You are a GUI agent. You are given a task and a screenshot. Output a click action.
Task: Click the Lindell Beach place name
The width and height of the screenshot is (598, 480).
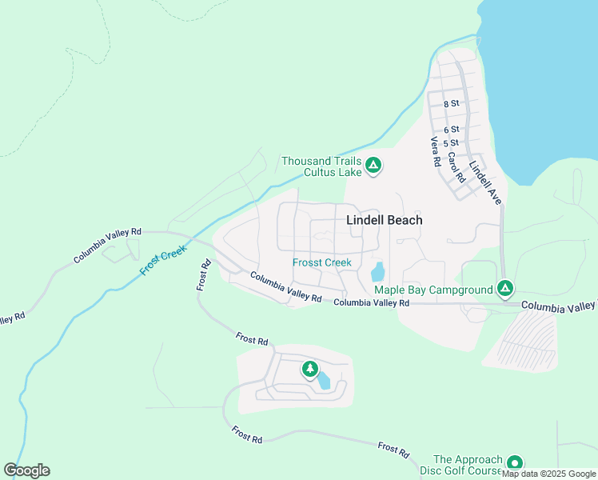pos(384,220)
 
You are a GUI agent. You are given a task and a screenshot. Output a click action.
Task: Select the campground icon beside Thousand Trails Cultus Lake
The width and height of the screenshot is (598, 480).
pos(373,166)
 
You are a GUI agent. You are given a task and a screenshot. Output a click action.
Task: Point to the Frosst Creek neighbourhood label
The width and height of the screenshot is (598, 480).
pos(321,262)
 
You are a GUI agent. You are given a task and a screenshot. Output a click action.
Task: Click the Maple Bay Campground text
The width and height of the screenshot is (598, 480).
pos(433,290)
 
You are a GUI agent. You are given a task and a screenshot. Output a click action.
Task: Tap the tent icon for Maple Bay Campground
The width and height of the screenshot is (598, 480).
pos(504,288)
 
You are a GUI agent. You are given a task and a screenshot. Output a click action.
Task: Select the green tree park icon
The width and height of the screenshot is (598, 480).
pos(309,369)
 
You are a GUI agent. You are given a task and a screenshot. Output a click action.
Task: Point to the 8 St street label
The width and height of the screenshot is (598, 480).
pos(452,103)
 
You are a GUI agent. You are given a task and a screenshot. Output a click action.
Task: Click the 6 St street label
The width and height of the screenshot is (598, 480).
pos(452,129)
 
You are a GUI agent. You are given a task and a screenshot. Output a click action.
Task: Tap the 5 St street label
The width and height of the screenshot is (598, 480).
pos(452,142)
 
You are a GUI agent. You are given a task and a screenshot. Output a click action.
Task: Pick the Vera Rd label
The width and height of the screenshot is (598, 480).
pos(436,151)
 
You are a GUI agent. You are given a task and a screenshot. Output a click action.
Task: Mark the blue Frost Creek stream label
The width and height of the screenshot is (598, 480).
pos(163,260)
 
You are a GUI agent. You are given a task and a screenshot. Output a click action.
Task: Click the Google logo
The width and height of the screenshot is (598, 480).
pos(26,470)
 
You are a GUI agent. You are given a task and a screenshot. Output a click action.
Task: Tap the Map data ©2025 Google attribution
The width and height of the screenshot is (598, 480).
pos(548,474)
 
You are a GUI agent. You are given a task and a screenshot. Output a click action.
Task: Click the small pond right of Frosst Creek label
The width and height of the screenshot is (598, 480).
pos(377,271)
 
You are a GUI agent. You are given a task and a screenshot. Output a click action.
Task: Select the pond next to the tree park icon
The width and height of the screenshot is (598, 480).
pos(324,380)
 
